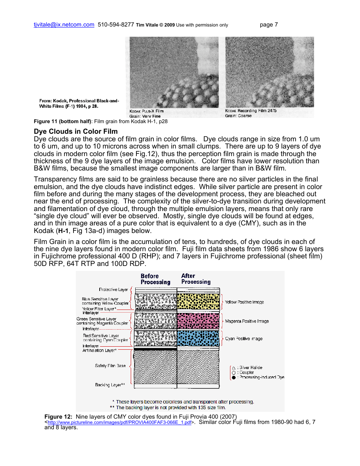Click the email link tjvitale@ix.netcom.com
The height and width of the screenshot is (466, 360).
(x=64, y=25)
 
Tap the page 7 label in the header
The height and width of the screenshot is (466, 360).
(x=269, y=25)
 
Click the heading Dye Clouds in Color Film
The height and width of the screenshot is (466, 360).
(x=76, y=131)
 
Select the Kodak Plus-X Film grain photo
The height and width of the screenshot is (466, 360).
(x=174, y=72)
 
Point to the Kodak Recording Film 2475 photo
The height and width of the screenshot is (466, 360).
(x=269, y=72)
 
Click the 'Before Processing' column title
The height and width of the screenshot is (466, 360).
(x=155, y=279)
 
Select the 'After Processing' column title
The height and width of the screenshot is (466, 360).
(x=196, y=279)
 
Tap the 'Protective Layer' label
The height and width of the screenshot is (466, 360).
(x=113, y=289)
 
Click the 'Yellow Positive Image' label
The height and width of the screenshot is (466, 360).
(x=244, y=302)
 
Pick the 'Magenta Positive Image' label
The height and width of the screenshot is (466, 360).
(x=247, y=321)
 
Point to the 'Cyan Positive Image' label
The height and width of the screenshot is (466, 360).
(x=244, y=339)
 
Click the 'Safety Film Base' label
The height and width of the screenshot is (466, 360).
(x=110, y=366)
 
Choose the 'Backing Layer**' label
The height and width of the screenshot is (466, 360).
(x=110, y=385)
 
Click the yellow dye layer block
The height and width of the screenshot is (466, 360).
(x=198, y=302)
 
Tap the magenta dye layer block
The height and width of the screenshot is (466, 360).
(x=198, y=321)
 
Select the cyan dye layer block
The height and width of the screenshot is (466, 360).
(x=198, y=338)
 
